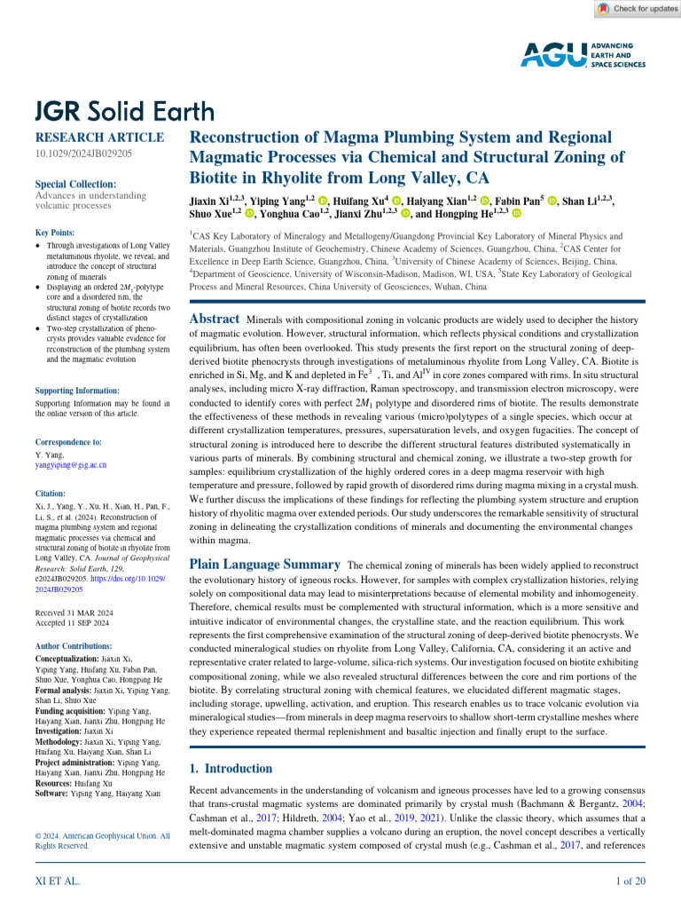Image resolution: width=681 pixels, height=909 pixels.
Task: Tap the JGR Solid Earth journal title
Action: [124, 111]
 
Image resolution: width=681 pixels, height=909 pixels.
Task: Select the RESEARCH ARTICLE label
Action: [98, 138]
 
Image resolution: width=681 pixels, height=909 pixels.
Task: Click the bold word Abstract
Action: [215, 319]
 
